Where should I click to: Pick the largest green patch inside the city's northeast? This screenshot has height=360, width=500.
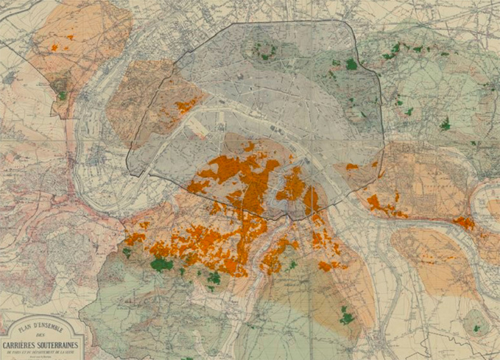coord(351,65)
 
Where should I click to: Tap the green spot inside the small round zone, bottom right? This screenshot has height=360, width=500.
coord(476,328)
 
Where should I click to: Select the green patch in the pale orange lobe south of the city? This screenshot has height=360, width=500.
coord(346,318)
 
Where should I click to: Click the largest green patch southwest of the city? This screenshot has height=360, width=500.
coord(161,264)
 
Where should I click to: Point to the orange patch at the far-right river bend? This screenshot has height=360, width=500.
coord(465,222)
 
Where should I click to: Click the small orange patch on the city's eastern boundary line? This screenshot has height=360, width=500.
coord(352,166)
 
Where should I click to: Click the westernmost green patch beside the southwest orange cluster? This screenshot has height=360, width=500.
coord(127,252)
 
